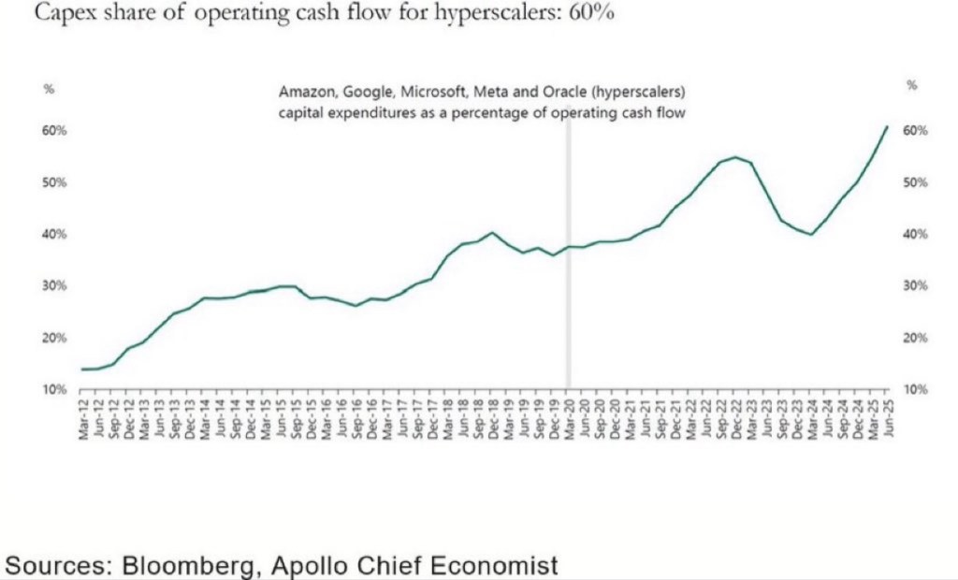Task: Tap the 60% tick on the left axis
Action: tap(54, 130)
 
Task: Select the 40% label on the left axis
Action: tap(54, 234)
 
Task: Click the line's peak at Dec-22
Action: tap(735, 157)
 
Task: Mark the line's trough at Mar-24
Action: tap(811, 234)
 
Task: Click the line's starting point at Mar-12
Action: tap(83, 370)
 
